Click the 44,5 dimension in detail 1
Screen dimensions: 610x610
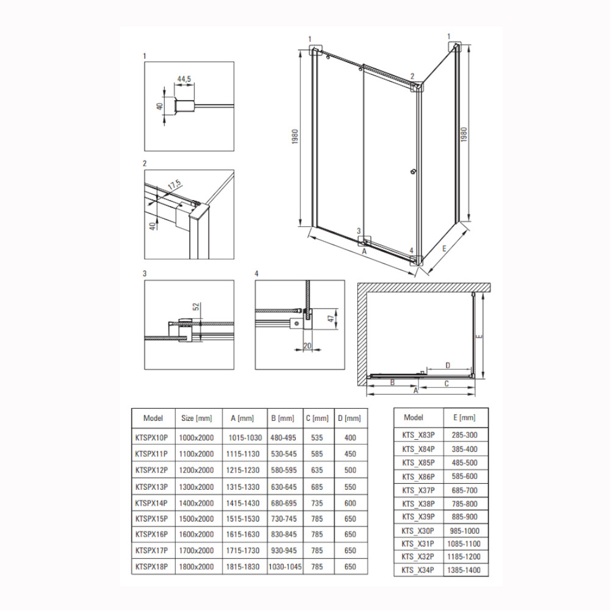tap(184, 79)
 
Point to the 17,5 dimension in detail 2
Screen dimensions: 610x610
tap(174, 185)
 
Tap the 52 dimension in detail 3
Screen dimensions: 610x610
tap(196, 307)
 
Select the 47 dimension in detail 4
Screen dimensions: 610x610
tap(331, 318)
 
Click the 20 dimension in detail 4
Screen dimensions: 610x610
tap(307, 346)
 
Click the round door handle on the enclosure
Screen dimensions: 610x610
tap(413, 171)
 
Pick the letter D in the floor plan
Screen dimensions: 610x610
tap(448, 365)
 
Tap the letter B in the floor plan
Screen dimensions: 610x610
tap(392, 382)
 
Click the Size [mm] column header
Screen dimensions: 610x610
tap(196, 418)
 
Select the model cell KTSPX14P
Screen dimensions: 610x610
tap(151, 503)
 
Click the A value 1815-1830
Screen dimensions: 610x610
tap(243, 567)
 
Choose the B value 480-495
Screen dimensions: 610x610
tap(283, 437)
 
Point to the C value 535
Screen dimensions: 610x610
tap(317, 437)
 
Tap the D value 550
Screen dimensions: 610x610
tap(350, 487)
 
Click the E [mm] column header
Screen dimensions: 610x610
tap(464, 417)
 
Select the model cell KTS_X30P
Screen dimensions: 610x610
tap(418, 531)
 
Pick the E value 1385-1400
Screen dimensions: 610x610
tap(464, 570)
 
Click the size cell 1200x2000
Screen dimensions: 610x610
tap(196, 470)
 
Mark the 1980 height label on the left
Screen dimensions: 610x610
tap(295, 137)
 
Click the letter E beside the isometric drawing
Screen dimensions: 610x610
tap(444, 249)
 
